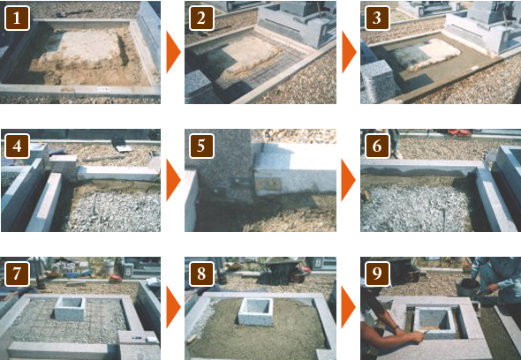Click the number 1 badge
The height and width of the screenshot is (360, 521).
[x=17, y=19]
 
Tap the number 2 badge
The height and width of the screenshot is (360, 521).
[x=201, y=19]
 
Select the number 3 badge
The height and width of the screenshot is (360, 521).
[x=377, y=19]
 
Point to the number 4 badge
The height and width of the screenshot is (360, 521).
[x=17, y=146]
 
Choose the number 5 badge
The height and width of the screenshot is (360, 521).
[x=201, y=146]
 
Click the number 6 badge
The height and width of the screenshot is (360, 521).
[x=377, y=146]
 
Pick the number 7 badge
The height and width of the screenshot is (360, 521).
[x=17, y=274]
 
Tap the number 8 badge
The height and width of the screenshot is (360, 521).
[x=201, y=274]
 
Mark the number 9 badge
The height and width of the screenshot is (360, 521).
[x=377, y=274]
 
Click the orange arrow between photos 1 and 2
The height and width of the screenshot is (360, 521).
[x=172, y=52]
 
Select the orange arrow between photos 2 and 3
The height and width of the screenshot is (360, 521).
[x=348, y=52]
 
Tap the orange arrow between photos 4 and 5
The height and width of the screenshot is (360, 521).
[x=172, y=180]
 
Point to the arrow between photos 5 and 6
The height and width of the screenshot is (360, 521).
[x=348, y=180]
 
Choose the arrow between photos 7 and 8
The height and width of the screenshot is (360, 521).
[x=172, y=307]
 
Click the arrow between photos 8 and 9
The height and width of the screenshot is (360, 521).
[x=348, y=307]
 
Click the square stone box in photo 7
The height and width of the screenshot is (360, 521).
[x=70, y=309]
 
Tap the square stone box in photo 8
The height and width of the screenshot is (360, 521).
[x=256, y=311]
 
